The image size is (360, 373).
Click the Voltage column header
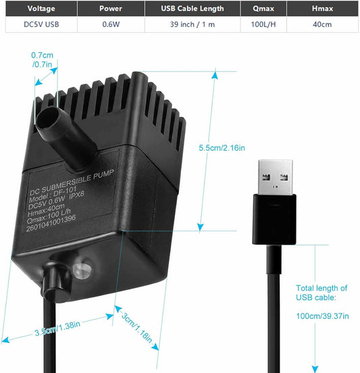(41, 9)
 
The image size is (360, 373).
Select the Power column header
(111, 9)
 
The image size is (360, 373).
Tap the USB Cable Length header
(192, 9)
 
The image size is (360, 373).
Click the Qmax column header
(263, 9)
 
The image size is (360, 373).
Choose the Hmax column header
(322, 9)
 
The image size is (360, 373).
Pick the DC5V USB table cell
(41, 24)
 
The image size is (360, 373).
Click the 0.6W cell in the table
(111, 24)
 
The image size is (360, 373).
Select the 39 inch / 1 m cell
(192, 24)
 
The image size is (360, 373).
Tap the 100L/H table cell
(263, 24)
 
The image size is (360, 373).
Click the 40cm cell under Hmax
(322, 24)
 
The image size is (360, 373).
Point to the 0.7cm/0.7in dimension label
(42, 59)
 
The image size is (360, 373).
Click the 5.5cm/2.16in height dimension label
(222, 148)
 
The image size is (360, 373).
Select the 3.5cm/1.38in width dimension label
(57, 328)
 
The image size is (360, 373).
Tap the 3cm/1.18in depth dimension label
(136, 328)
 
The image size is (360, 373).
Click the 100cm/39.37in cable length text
(322, 316)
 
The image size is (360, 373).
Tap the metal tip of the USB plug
(276, 177)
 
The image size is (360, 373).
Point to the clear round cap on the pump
(82, 270)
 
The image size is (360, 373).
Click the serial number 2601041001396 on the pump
(51, 223)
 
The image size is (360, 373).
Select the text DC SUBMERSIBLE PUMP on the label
(72, 182)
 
